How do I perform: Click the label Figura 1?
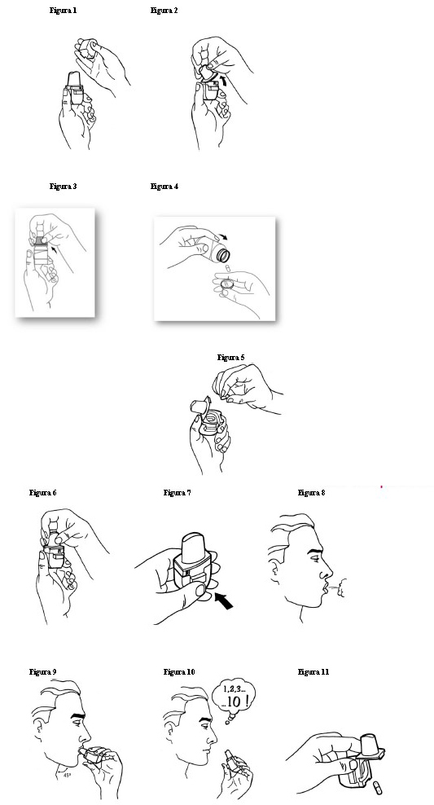pyautogui.click(x=63, y=11)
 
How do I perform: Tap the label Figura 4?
pyautogui.click(x=164, y=187)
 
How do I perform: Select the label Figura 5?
pyautogui.click(x=231, y=358)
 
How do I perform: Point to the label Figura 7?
pyautogui.click(x=177, y=493)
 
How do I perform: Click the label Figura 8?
pyautogui.click(x=311, y=493)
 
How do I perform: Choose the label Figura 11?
pyautogui.click(x=313, y=672)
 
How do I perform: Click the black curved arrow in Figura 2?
pyautogui.click(x=221, y=79)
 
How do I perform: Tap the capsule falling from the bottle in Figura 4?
pyautogui.click(x=228, y=268)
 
